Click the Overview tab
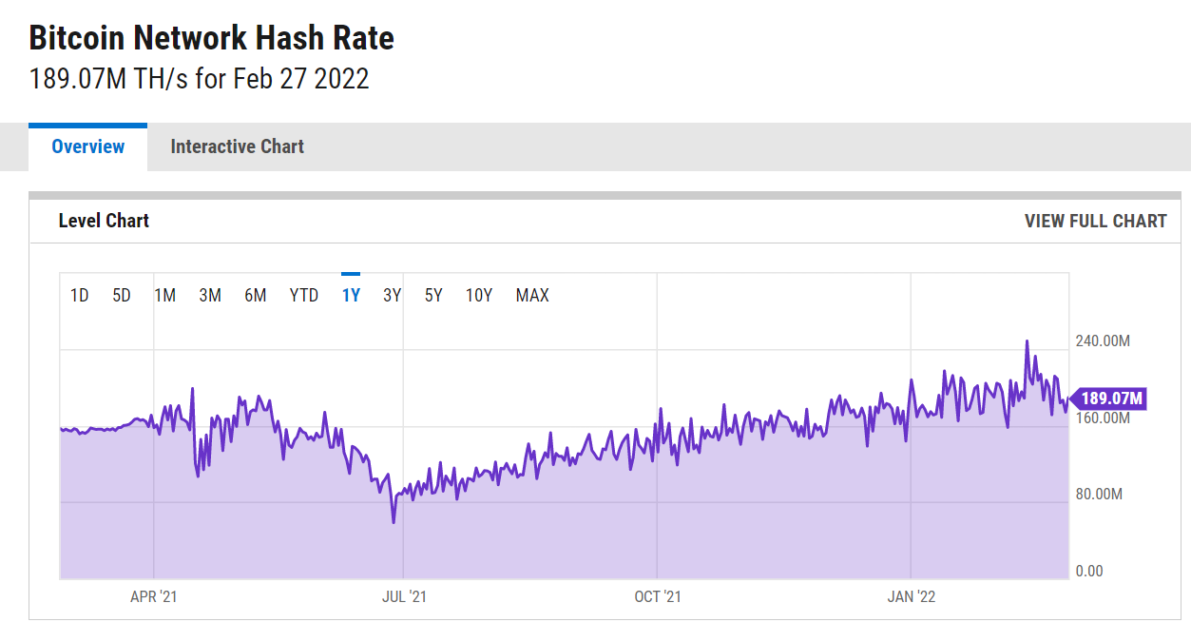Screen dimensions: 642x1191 (88, 146)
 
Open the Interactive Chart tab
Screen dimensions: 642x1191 (237, 146)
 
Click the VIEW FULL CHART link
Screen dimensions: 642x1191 (1095, 221)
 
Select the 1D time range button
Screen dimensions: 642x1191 (80, 296)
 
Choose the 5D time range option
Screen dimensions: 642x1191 (122, 296)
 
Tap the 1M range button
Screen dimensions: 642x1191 (165, 296)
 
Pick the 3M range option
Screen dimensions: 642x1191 (210, 296)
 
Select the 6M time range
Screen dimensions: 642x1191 (255, 296)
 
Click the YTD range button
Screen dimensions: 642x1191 (304, 296)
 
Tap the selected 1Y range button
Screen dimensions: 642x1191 (351, 296)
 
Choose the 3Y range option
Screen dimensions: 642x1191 (392, 296)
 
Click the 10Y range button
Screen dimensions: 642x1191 (479, 296)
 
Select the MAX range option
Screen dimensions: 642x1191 (532, 296)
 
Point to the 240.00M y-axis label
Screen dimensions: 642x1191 (1103, 340)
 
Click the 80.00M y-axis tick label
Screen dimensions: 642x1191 (1099, 495)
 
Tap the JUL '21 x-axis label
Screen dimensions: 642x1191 (404, 596)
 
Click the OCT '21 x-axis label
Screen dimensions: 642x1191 (658, 596)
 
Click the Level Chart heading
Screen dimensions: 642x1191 (104, 221)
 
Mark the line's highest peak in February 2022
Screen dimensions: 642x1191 (1028, 341)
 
